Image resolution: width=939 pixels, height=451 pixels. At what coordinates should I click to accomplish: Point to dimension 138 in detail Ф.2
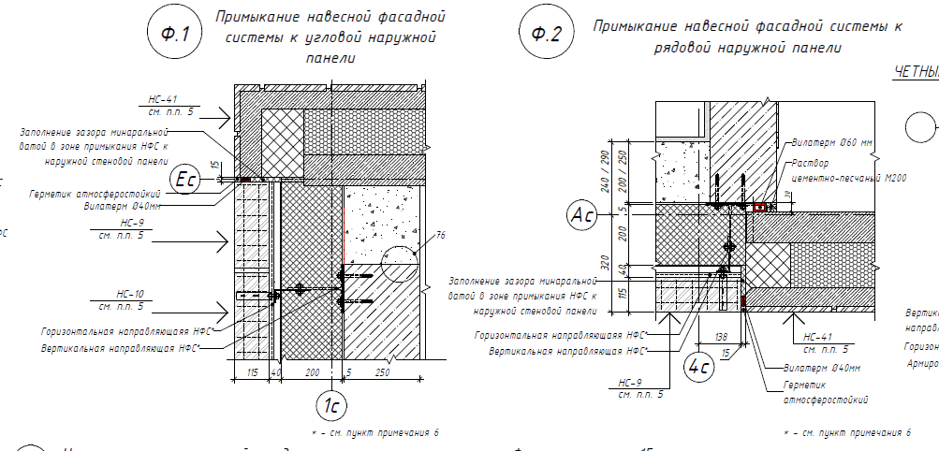click(720, 334)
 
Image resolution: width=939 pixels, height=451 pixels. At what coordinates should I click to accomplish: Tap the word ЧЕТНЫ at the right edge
click(916, 71)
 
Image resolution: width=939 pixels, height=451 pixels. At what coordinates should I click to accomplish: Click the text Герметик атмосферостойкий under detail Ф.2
click(824, 393)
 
